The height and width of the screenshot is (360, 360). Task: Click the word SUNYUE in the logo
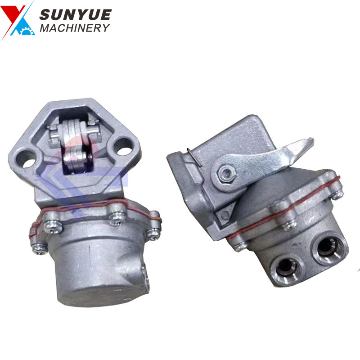click(75, 15)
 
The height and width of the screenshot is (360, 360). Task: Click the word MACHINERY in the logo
click(75, 28)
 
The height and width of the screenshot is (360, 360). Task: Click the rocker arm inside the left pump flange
click(74, 142)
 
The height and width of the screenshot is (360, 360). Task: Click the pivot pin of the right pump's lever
click(226, 172)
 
